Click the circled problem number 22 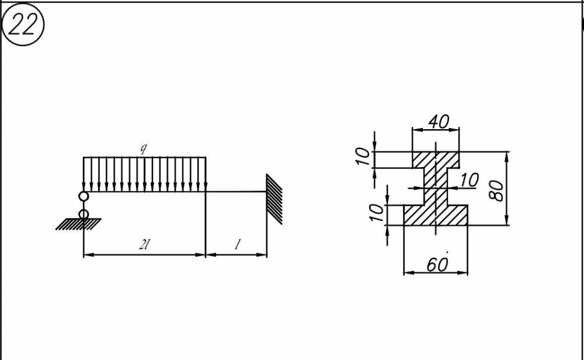coord(22,26)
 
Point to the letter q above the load coord(143,148)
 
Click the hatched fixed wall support coord(274,199)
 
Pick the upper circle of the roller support coord(84,196)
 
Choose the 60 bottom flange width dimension coord(437,265)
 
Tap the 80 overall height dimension coord(498,189)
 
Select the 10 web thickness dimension coord(468,180)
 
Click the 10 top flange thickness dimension coord(363,157)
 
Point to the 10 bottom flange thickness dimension coord(377,212)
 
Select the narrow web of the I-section coord(435,187)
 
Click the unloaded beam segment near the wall coord(236,191)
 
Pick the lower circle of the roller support coord(84,214)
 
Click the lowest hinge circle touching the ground coord(84,214)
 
